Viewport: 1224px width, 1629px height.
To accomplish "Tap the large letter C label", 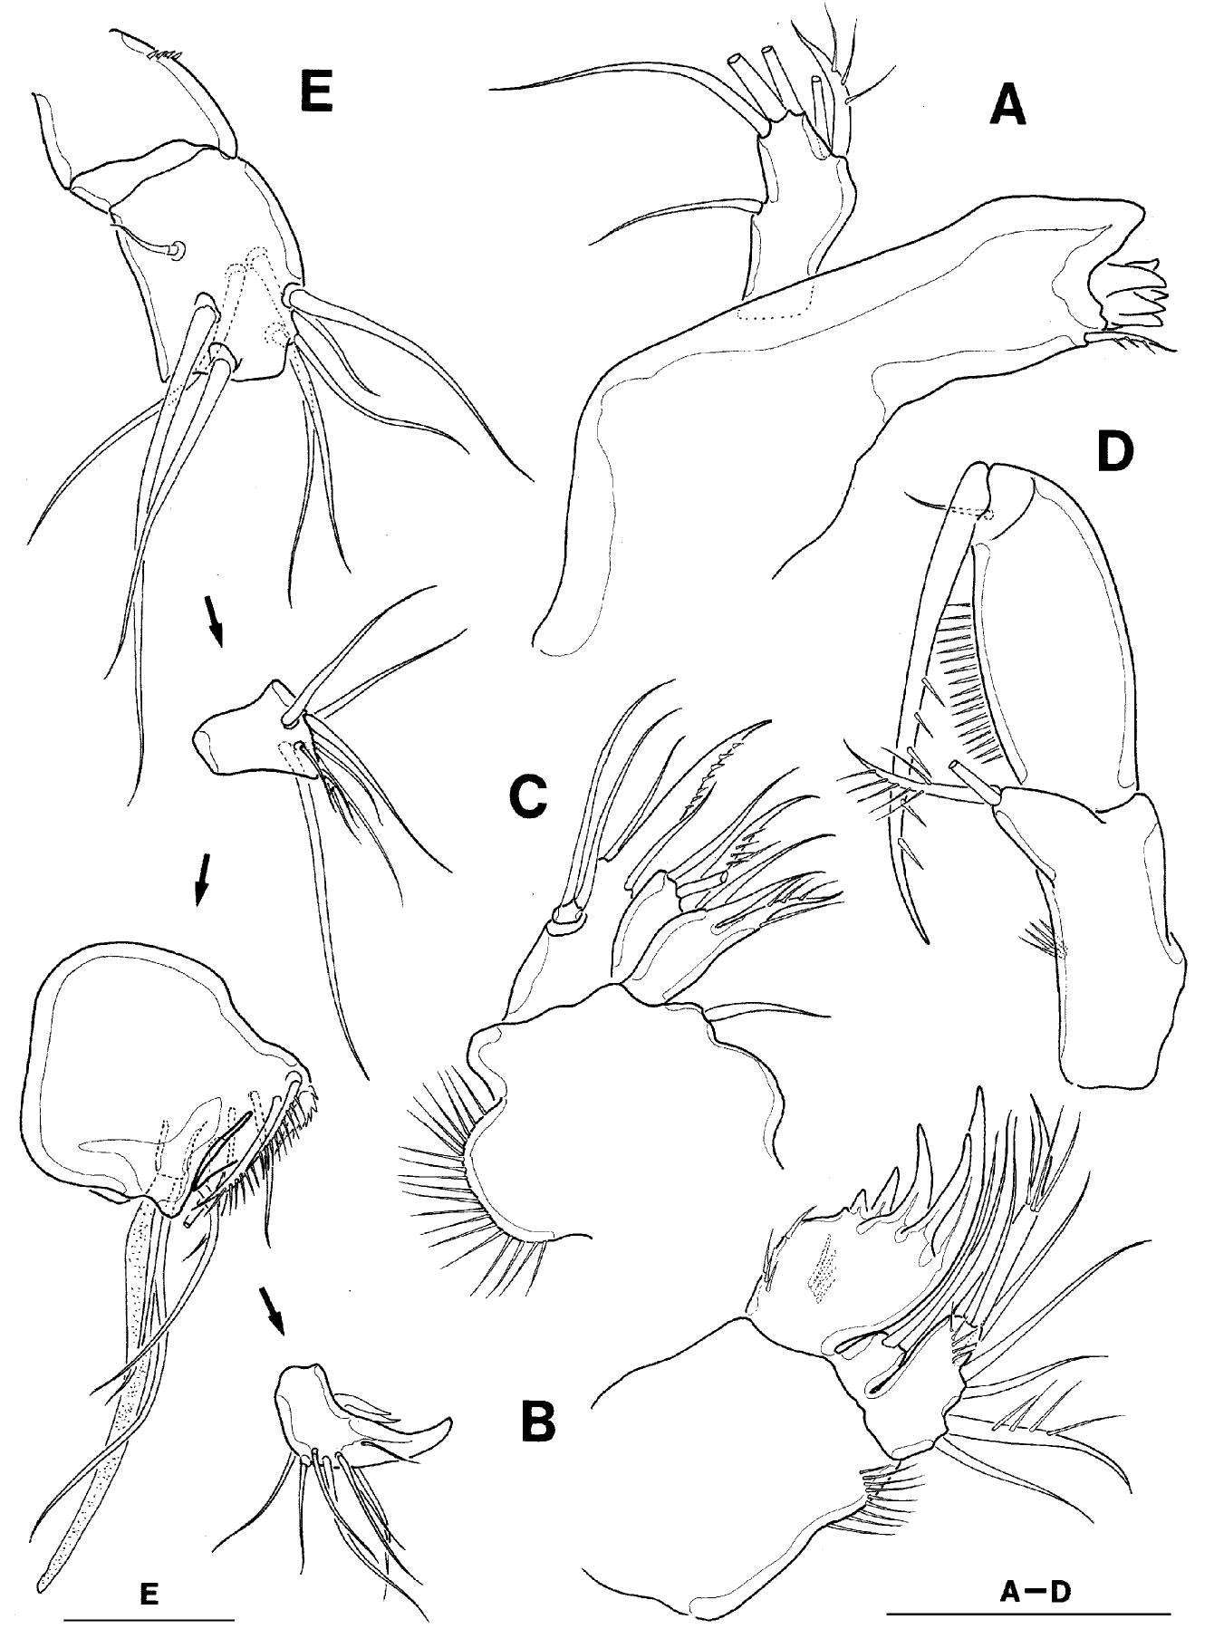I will [525, 795].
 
